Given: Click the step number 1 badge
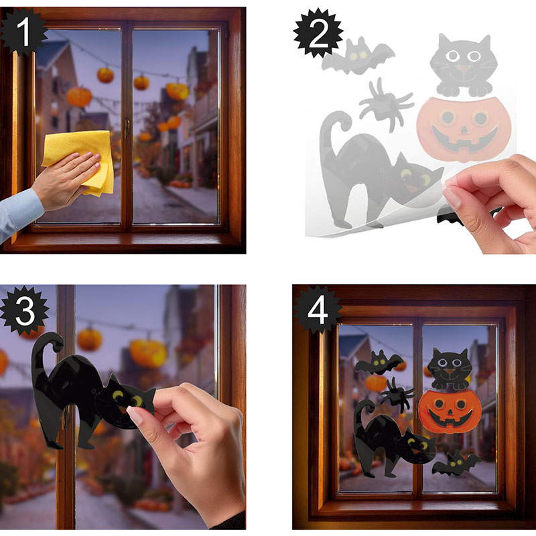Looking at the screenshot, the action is click(x=23, y=31).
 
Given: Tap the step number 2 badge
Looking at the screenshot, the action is click(x=318, y=33).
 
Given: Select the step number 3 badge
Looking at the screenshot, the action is click(x=25, y=311).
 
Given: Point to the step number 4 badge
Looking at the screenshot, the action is click(x=318, y=310).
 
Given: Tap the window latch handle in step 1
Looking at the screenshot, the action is click(x=127, y=127).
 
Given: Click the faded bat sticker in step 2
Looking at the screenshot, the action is click(x=358, y=56).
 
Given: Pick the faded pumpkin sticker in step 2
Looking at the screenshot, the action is click(x=464, y=129).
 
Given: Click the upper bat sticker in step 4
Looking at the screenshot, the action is click(x=379, y=362).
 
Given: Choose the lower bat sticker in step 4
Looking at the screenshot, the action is click(x=456, y=463).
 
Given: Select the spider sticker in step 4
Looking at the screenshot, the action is click(x=397, y=394).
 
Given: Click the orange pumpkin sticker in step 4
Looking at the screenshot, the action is click(x=450, y=411).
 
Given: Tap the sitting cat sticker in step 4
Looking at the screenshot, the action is click(x=450, y=369).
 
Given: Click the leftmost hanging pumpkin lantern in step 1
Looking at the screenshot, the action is click(x=79, y=96).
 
